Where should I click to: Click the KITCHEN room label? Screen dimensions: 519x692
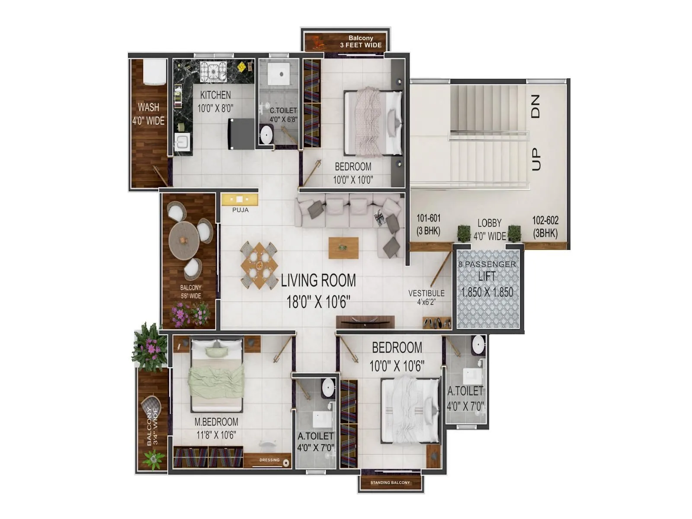215,95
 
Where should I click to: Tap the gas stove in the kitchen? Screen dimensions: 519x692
213,70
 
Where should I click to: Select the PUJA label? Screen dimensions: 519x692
240,210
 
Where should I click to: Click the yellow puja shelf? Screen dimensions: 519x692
240,199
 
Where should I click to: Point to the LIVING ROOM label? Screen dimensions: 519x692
318,281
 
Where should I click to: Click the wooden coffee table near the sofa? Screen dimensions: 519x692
343,248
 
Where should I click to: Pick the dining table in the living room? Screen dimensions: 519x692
259,265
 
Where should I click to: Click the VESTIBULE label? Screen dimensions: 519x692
426,294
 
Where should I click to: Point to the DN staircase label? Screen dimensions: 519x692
535,107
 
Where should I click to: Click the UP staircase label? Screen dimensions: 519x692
535,159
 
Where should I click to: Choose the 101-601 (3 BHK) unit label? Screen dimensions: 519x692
428,224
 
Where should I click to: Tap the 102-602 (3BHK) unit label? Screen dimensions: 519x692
545,227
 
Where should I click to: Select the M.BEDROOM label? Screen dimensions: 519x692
216,422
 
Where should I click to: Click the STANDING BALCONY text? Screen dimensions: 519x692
390,483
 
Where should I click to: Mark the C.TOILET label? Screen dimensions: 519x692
283,111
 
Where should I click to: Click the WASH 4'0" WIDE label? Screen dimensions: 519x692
148,114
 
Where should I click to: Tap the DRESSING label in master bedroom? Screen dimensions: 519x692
269,460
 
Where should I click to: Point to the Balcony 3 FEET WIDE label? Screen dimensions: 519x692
361,42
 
